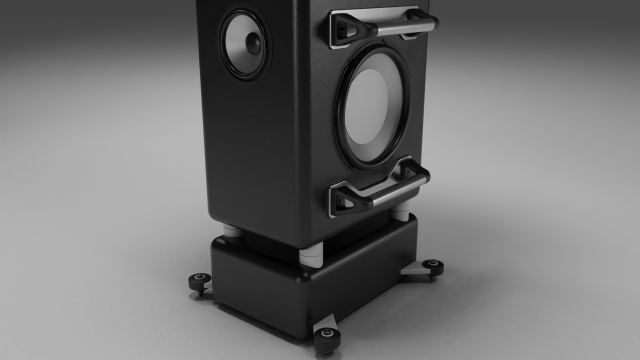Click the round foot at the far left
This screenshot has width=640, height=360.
(x=199, y=279)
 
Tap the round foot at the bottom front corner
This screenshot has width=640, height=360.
(x=327, y=334)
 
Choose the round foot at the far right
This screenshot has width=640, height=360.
(x=432, y=265)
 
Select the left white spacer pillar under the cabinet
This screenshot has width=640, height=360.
(x=231, y=232)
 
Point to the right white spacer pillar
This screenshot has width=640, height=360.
(x=402, y=214)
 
